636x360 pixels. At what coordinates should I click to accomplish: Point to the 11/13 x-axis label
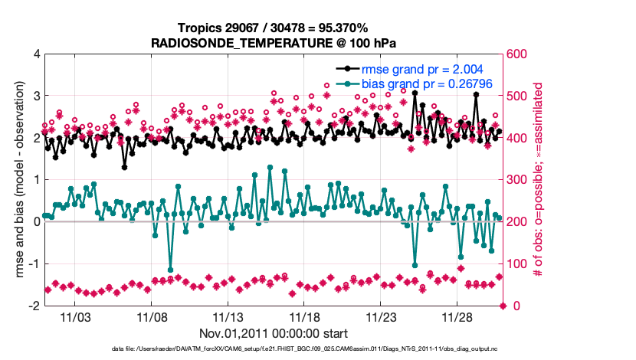point(228,316)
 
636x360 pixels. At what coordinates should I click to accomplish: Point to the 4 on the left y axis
point(36,54)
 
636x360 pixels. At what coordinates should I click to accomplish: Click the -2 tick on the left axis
point(34,306)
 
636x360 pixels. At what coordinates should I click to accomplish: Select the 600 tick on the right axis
point(515,54)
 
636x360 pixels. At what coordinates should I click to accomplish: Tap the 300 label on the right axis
point(515,180)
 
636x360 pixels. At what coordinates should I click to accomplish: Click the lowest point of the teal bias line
point(170,270)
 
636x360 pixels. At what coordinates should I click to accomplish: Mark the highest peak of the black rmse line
point(415,93)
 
